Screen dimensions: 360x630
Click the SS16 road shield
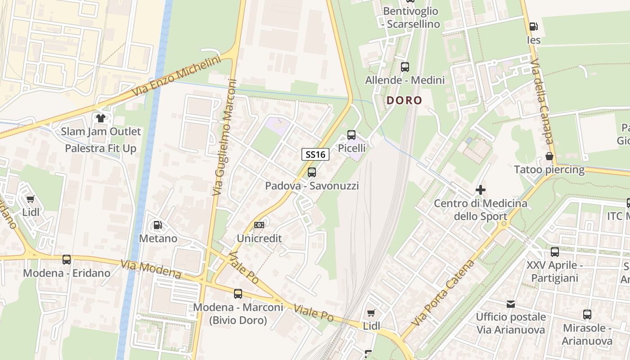point(315,155)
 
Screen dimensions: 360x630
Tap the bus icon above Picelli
point(351,135)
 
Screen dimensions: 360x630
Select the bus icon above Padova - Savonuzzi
point(311,172)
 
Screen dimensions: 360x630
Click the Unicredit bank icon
point(259,225)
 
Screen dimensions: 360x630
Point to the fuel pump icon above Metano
point(157,225)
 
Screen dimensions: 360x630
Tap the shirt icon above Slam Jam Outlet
point(100,118)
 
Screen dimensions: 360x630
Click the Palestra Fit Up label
point(100,148)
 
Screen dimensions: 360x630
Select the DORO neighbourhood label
point(404,100)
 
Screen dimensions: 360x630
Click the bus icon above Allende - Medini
point(405,67)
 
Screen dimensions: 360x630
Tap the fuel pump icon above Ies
point(533,27)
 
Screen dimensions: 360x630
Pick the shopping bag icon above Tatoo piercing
point(549,156)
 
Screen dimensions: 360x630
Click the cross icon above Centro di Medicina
point(480,190)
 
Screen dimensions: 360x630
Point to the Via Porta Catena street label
point(443,293)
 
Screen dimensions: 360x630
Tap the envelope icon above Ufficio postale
point(510,304)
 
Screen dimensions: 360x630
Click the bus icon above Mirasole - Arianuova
point(587,315)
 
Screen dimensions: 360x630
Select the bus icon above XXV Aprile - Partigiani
point(554,252)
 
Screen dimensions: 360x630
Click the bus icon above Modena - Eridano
point(67,259)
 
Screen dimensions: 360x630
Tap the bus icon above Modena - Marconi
point(238,294)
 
